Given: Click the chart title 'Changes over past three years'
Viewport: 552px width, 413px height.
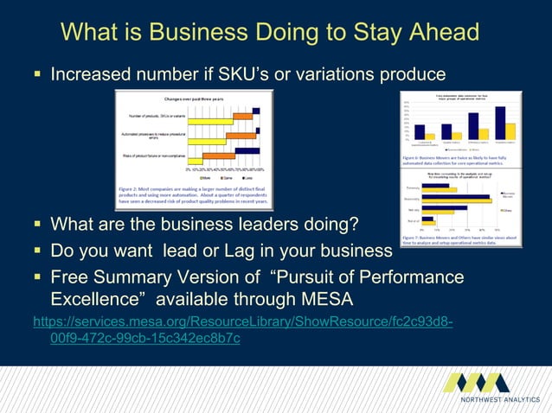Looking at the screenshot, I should (188, 100).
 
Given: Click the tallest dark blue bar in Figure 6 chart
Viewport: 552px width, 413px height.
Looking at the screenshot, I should (500, 122).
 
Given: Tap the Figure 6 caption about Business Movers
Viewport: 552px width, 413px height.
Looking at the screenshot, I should (459, 161).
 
